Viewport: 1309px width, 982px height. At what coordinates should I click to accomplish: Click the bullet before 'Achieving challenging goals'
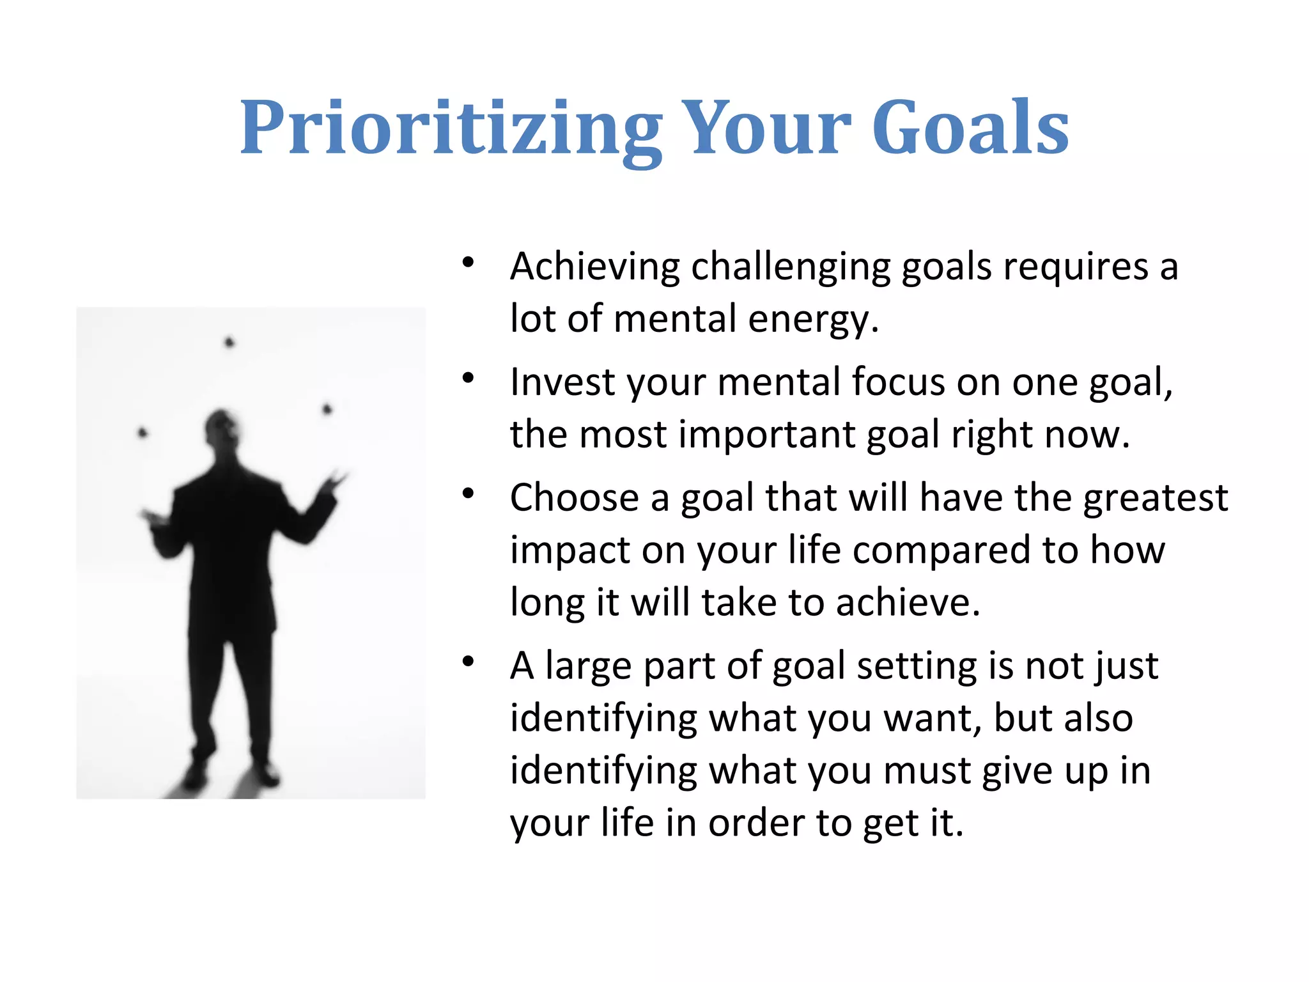pyautogui.click(x=469, y=262)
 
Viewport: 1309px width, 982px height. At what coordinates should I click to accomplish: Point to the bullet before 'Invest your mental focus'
pyautogui.click(x=469, y=378)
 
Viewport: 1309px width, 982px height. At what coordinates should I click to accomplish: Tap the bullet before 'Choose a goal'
pyautogui.click(x=469, y=494)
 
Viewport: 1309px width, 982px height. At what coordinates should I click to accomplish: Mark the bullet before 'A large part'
pyautogui.click(x=469, y=662)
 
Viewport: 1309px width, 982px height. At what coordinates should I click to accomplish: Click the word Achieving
pyautogui.click(x=594, y=267)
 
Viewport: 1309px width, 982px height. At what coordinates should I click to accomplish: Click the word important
pyautogui.click(x=766, y=435)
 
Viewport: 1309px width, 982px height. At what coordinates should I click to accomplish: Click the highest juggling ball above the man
pyautogui.click(x=229, y=343)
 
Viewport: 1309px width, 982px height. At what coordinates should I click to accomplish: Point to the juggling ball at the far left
pyautogui.click(x=143, y=433)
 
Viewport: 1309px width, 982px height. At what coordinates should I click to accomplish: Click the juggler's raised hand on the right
pyautogui.click(x=334, y=481)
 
